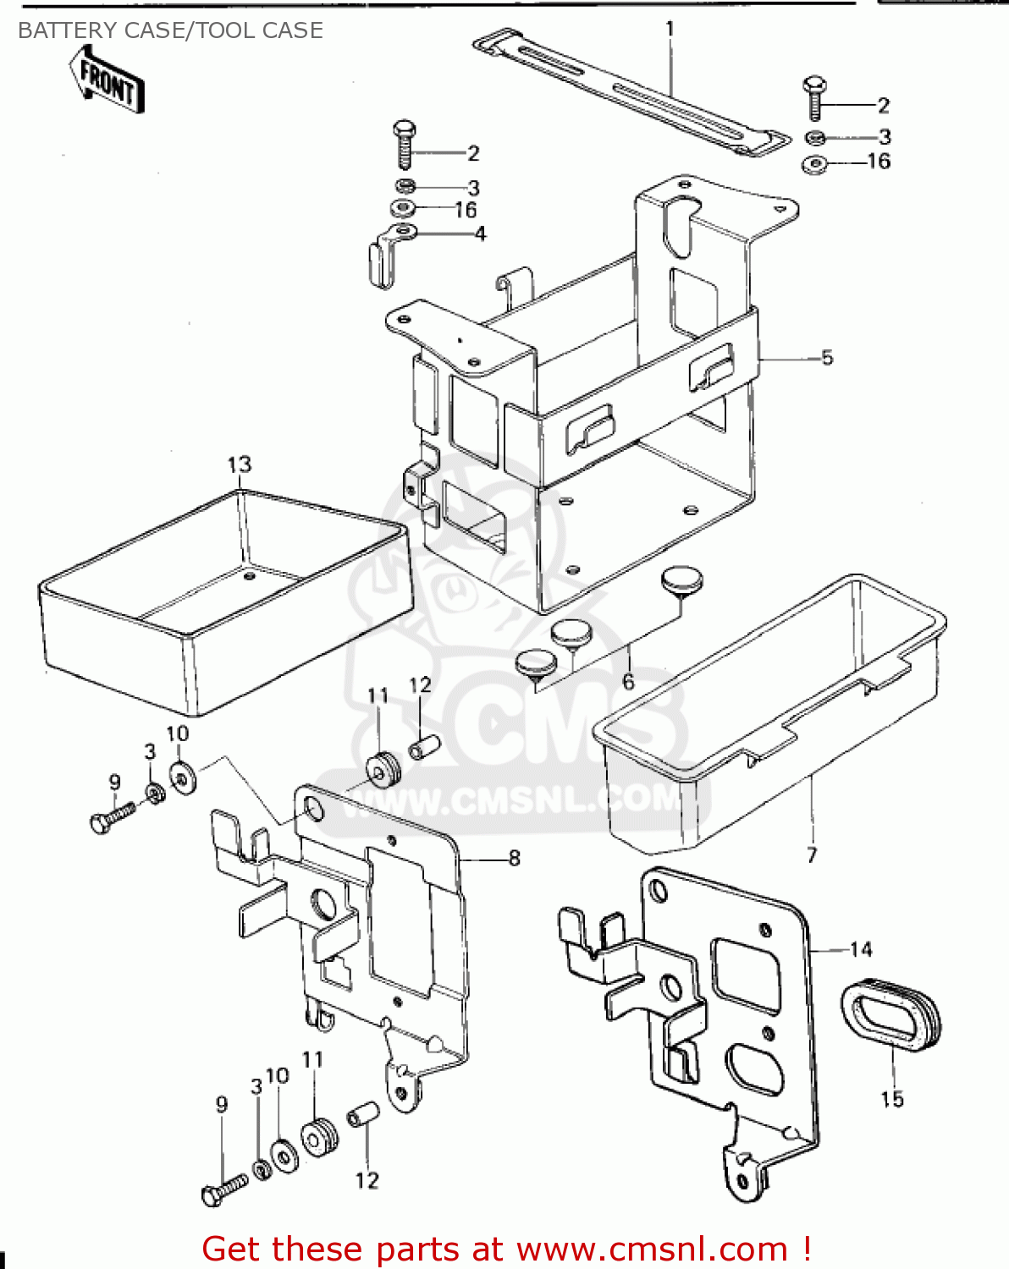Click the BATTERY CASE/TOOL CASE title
(x=170, y=30)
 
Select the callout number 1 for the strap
(x=670, y=30)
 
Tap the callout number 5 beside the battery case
(x=827, y=357)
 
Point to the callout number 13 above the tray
(x=240, y=464)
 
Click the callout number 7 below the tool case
(x=812, y=854)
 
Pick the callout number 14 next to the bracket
(x=861, y=949)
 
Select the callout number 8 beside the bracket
(x=514, y=858)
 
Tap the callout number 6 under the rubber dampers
(x=628, y=682)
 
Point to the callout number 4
(x=480, y=233)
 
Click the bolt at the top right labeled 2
(x=815, y=99)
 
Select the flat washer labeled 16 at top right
(x=814, y=164)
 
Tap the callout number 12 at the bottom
(x=367, y=1180)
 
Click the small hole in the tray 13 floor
(x=249, y=576)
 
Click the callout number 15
(x=892, y=1099)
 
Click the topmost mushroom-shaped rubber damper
(x=681, y=581)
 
